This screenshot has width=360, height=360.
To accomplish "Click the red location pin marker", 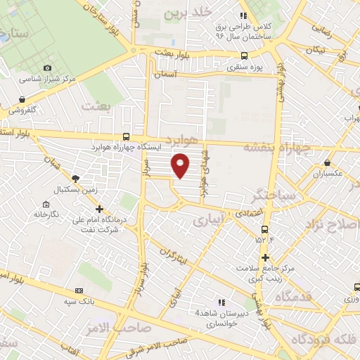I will tap(181, 164).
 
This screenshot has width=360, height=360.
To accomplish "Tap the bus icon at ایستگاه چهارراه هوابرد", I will tap(126, 137).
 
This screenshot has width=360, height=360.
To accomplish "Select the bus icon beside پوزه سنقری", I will tap(244, 56).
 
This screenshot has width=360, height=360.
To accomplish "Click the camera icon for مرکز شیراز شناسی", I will tap(47, 68).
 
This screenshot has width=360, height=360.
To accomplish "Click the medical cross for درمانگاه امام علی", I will tap(99, 209).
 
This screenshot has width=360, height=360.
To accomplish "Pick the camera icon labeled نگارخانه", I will tap(37, 202).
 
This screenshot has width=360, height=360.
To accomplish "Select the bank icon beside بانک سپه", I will tap(79, 289).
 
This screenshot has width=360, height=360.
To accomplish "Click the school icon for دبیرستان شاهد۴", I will tap(221, 302).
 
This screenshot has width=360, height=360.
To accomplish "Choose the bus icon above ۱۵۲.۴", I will tap(264, 229).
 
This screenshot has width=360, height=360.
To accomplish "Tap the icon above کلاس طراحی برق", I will tap(243, 15).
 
